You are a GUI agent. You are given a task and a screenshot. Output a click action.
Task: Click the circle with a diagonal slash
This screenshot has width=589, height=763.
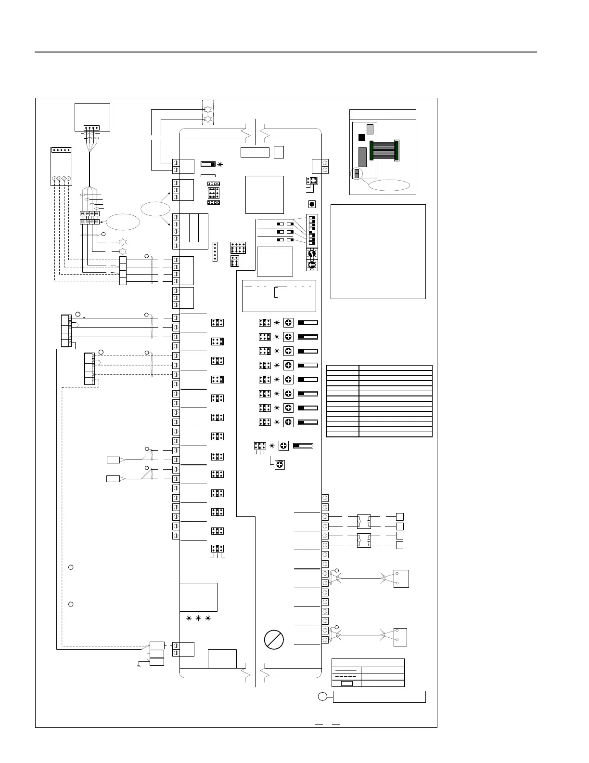point(274,639)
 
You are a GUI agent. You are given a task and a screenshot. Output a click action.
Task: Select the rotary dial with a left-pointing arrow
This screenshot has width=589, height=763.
point(312,264)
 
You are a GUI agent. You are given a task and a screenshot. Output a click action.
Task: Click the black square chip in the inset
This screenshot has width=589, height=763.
point(362,138)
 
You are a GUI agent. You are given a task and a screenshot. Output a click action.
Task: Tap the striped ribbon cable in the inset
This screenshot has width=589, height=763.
point(384,150)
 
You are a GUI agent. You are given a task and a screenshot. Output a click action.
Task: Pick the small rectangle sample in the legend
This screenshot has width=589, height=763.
point(346,683)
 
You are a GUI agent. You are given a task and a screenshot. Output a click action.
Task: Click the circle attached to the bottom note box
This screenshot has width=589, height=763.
point(323,696)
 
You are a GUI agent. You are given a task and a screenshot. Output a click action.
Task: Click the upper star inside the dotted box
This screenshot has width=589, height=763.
point(208,108)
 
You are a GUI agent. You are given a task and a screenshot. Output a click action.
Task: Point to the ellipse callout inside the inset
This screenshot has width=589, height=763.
point(388,185)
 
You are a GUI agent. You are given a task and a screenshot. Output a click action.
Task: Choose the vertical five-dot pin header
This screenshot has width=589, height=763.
point(215,251)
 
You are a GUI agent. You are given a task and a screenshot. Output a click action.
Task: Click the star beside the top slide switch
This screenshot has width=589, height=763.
point(220,164)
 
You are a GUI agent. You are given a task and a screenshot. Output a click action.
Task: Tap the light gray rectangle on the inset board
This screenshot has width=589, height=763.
point(370,129)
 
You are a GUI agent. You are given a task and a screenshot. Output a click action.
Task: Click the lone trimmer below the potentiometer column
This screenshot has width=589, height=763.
point(280,464)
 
